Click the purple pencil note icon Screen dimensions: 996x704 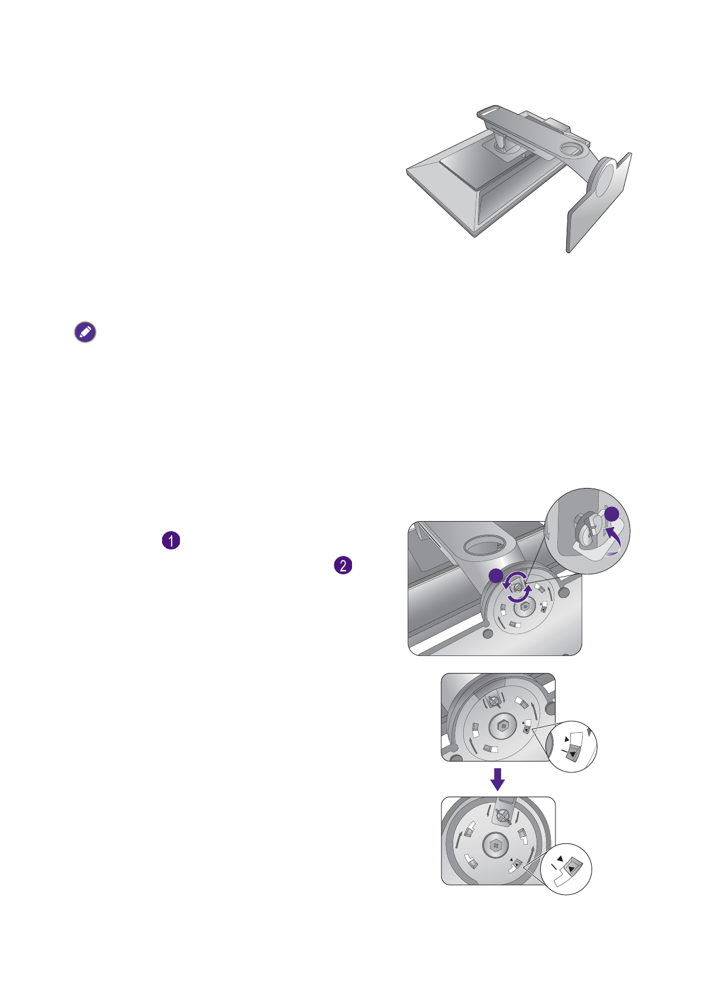click(85, 333)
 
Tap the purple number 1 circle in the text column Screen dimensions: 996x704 click(171, 541)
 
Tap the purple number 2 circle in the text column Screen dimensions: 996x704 click(343, 565)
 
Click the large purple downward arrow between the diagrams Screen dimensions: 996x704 click(498, 779)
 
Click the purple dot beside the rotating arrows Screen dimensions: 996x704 click(496, 575)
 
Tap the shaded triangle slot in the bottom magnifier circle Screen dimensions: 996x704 click(571, 869)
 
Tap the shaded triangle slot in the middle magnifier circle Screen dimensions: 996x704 click(571, 753)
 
